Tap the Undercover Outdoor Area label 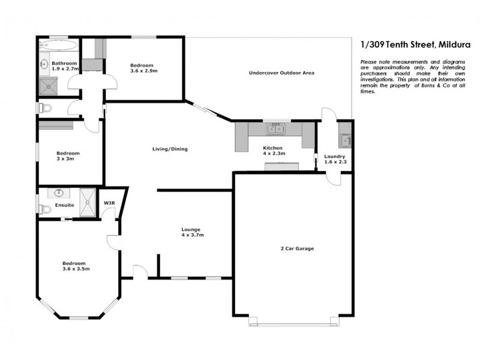coord(282,73)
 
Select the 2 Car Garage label coord(297,248)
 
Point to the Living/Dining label coord(166,149)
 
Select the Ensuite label coord(64,205)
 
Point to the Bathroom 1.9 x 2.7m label coord(65,66)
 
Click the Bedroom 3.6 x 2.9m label coord(142,68)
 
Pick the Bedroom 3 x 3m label coord(68,156)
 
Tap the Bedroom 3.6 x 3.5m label coord(74,266)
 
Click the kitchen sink coord(277,128)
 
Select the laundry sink coord(346,141)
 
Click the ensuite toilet coord(43,209)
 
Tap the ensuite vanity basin coord(59,193)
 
